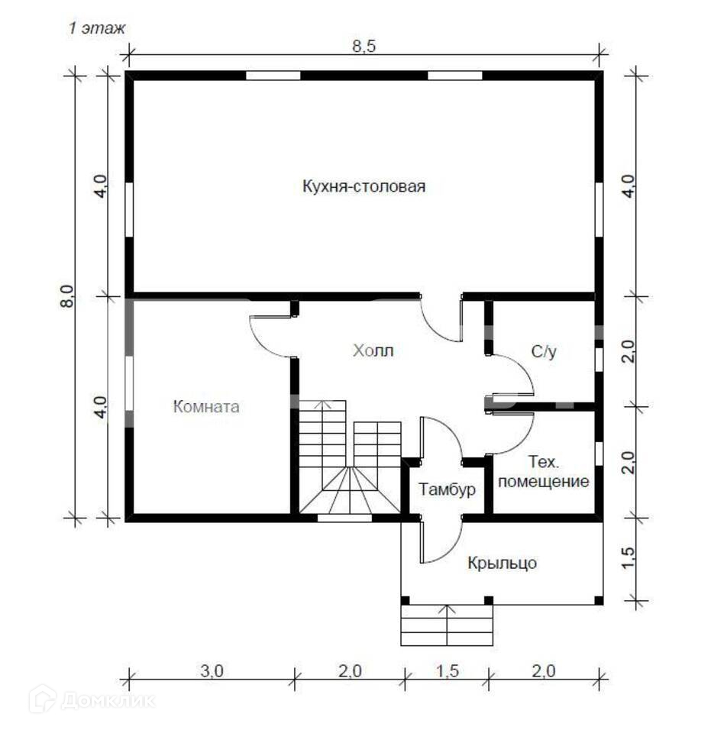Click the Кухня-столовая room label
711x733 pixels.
click(363, 187)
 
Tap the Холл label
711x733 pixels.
click(373, 351)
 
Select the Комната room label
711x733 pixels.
click(206, 407)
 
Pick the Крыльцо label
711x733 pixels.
click(502, 563)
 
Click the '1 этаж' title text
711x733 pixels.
click(97, 28)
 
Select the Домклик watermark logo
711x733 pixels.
click(92, 699)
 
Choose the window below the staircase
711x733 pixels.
click(344, 518)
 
